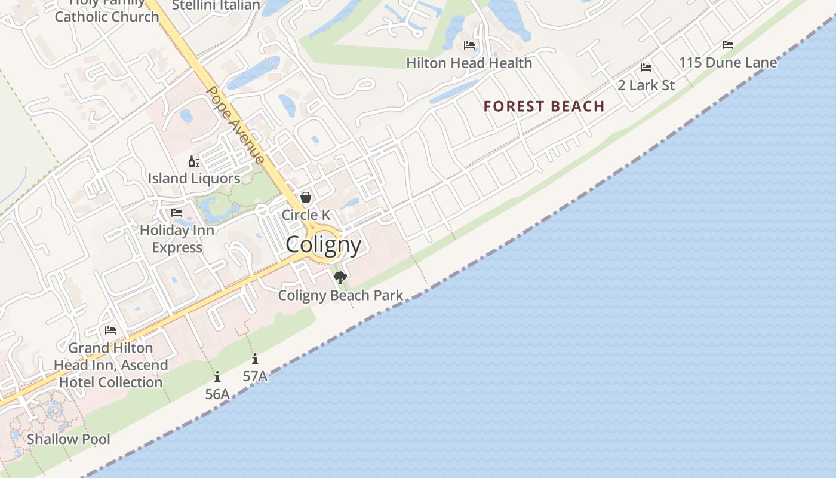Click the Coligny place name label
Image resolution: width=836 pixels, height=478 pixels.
coord(323,245)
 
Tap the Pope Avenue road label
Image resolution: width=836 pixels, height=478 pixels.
coord(235,125)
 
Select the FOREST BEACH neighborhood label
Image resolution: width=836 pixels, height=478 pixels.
coord(544,107)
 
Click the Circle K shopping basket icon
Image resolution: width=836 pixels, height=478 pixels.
coord(306,197)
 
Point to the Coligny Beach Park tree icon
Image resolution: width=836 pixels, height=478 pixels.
coord(340,277)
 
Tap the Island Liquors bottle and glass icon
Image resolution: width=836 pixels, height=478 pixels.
coord(194,161)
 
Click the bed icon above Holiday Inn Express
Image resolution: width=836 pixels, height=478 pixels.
coord(177,213)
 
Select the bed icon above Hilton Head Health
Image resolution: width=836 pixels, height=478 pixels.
coord(469,45)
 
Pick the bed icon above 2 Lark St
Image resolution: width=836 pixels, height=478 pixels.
coord(646,68)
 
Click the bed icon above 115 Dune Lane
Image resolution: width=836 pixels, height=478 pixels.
coord(728,45)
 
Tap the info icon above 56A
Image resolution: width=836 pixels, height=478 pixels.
coord(217,376)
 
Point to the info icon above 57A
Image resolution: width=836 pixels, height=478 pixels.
coord(255,358)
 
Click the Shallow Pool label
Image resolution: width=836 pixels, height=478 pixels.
coord(69,439)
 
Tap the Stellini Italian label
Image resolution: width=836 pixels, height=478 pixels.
coord(216,5)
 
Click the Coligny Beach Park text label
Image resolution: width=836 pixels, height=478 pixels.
coord(340,296)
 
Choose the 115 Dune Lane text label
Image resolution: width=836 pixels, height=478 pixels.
coord(728,63)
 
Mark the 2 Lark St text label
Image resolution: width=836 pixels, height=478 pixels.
coord(646,85)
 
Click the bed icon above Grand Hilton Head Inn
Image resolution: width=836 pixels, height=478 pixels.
coord(110,330)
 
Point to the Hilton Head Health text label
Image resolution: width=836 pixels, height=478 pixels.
coord(469,63)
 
